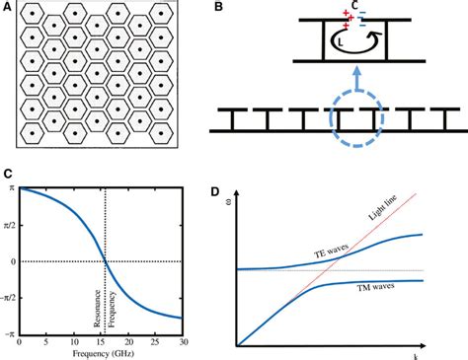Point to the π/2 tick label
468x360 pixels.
click(x=8, y=225)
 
